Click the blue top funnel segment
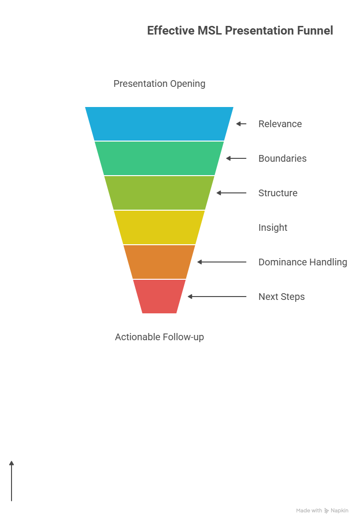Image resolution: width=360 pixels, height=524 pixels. [159, 124]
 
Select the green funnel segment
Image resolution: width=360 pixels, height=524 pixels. [159, 158]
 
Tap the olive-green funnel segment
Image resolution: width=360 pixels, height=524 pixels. [159, 193]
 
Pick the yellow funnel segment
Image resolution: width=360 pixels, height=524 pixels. [159, 227]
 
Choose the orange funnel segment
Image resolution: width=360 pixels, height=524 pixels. [159, 262]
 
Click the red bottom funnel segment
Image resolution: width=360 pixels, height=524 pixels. [159, 297]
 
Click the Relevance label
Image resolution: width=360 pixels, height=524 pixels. [280, 124]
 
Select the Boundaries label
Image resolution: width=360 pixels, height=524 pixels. [282, 158]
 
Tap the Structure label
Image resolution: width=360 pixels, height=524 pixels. [277, 193]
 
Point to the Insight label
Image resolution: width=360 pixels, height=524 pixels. [273, 227]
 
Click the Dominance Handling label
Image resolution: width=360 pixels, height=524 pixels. [302, 262]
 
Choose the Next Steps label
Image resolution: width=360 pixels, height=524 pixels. [281, 297]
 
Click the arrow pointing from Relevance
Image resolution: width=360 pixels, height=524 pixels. [241, 124]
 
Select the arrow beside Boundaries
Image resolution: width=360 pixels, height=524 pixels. [236, 158]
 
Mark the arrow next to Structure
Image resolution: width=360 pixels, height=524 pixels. [231, 193]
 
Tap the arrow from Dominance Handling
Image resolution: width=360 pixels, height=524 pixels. [221, 262]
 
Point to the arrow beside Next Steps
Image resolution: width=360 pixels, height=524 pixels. [216, 297]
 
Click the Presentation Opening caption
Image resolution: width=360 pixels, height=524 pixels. [159, 83]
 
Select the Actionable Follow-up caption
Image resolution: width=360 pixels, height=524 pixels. [159, 337]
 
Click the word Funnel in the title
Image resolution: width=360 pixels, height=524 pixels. [315, 31]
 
